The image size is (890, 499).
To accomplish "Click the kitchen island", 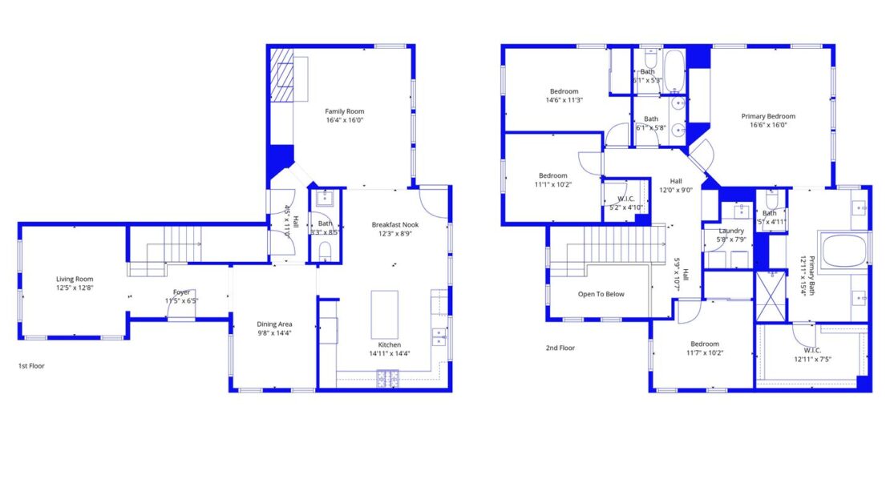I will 384,315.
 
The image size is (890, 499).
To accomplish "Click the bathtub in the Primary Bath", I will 843,250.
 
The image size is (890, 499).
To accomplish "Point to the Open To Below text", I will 601,294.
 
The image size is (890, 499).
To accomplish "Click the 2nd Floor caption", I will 560,348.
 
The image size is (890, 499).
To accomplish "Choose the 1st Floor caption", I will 30,365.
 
